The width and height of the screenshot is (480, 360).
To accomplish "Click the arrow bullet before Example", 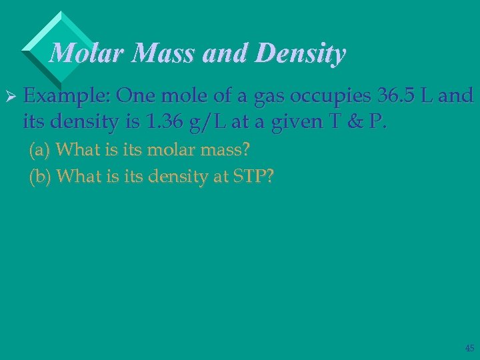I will point(9,97).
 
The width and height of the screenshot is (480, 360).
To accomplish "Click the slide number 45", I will point(468,347).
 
